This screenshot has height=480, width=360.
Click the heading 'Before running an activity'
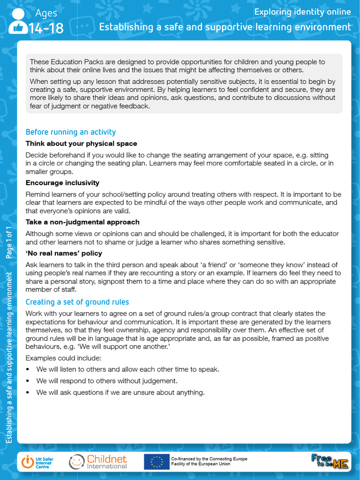[70, 132]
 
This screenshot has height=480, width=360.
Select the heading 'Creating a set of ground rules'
[77, 302]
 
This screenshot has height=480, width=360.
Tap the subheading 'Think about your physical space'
[81, 143]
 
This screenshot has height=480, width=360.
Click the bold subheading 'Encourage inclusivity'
[62, 183]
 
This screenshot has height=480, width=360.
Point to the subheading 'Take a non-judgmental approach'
[82, 222]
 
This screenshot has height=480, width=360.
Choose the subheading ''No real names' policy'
[64, 254]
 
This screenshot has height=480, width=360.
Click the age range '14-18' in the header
[46, 29]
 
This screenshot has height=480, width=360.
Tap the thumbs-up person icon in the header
[18, 22]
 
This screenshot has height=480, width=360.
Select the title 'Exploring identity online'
[302, 12]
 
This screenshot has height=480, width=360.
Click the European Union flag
[157, 462]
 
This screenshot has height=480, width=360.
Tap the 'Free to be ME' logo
[330, 461]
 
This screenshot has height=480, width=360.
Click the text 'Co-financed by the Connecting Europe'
[209, 459]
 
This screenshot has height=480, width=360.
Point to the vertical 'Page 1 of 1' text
[9, 242]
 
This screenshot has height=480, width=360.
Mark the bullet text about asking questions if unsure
[120, 393]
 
